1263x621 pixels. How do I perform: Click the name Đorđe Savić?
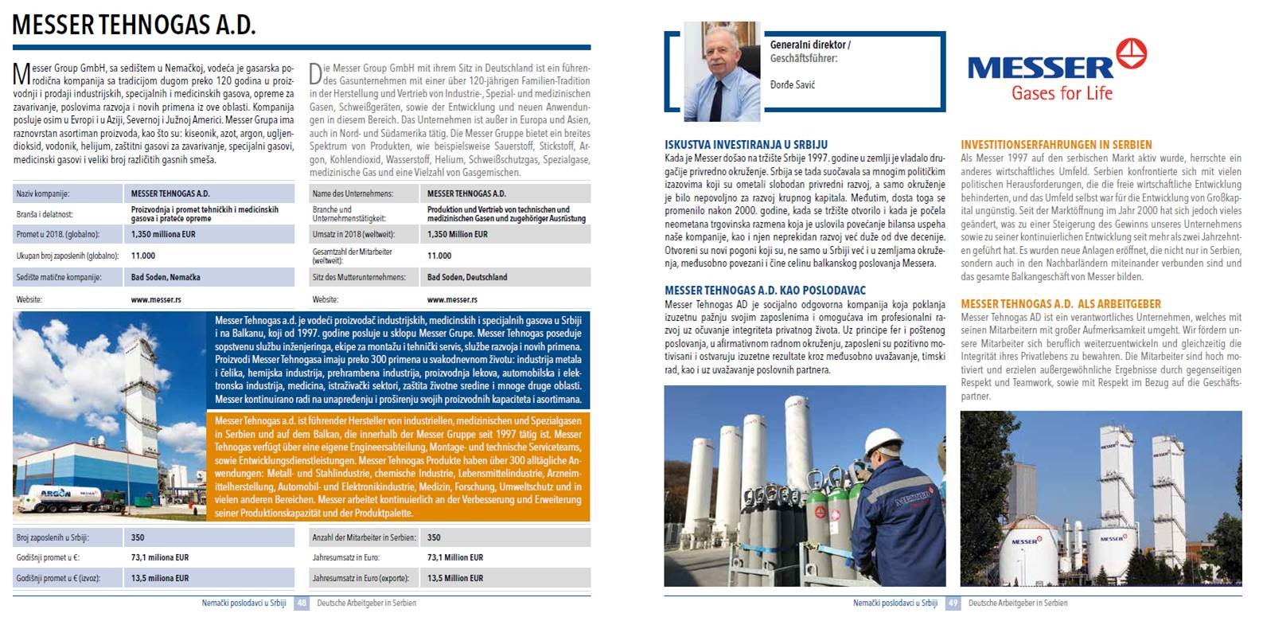pyautogui.click(x=793, y=84)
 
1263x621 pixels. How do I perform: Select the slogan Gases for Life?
pyautogui.click(x=1062, y=93)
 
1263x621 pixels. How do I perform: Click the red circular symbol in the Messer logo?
pyautogui.click(x=1132, y=53)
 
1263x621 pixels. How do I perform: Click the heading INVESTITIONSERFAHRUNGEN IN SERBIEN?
pyautogui.click(x=1056, y=145)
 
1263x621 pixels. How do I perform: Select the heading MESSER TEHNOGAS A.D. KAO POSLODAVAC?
pyautogui.click(x=765, y=291)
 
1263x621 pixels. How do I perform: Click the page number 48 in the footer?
pyautogui.click(x=302, y=603)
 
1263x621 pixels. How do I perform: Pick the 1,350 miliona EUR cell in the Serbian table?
pyautogui.click(x=163, y=235)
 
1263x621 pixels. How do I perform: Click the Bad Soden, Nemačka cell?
pyautogui.click(x=166, y=278)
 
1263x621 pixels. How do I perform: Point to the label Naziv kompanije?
pyautogui.click(x=43, y=193)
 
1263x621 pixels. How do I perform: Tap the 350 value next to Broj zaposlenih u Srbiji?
pyautogui.click(x=138, y=537)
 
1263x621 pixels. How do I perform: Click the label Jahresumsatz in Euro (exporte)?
pyautogui.click(x=361, y=578)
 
